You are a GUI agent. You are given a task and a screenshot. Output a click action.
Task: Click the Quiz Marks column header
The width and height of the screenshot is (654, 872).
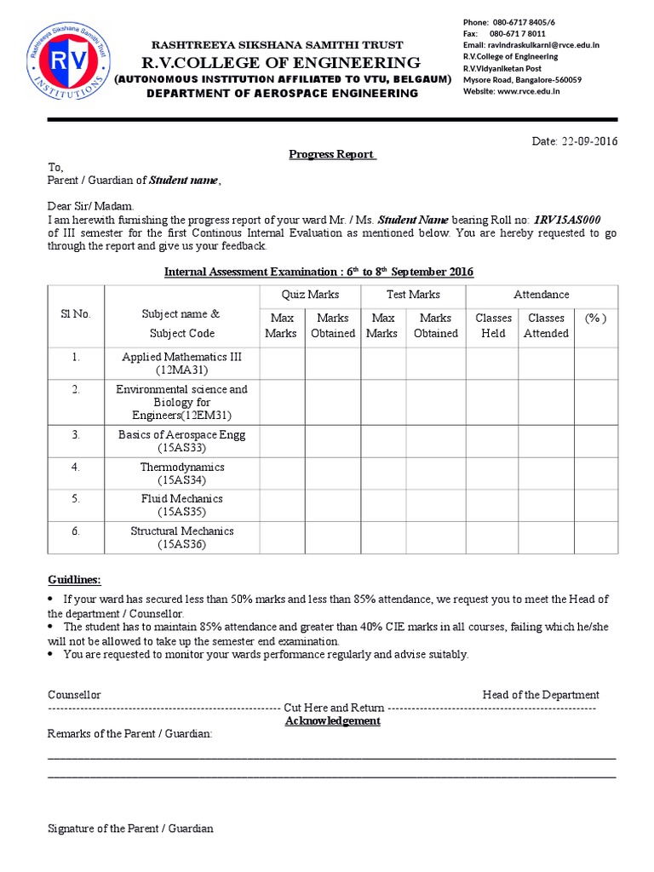click(310, 295)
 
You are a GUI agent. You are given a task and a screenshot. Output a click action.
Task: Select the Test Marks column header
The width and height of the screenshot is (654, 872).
click(413, 295)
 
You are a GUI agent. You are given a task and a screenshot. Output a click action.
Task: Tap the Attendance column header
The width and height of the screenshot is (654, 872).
click(542, 295)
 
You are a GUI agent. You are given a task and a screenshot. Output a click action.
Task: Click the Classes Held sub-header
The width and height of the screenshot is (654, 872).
click(493, 325)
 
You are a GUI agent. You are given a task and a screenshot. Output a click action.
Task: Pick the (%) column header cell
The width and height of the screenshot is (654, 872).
click(595, 318)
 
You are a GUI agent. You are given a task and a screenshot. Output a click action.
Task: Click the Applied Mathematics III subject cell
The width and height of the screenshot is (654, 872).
click(182, 364)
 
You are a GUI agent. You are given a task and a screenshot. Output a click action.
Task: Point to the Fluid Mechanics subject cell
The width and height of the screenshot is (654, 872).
click(182, 506)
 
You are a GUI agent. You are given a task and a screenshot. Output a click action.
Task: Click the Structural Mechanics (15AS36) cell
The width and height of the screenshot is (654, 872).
click(182, 538)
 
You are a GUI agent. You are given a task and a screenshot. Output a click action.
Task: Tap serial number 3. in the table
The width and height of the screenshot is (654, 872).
click(76, 434)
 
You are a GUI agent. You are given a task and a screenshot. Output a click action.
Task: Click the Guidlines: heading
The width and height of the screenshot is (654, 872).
click(74, 580)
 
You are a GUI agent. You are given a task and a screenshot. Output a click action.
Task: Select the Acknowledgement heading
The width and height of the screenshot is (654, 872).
click(333, 720)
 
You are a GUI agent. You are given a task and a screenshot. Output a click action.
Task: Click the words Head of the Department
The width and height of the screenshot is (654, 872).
click(541, 695)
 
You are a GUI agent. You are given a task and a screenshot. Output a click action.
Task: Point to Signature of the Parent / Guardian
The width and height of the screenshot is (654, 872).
click(130, 829)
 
